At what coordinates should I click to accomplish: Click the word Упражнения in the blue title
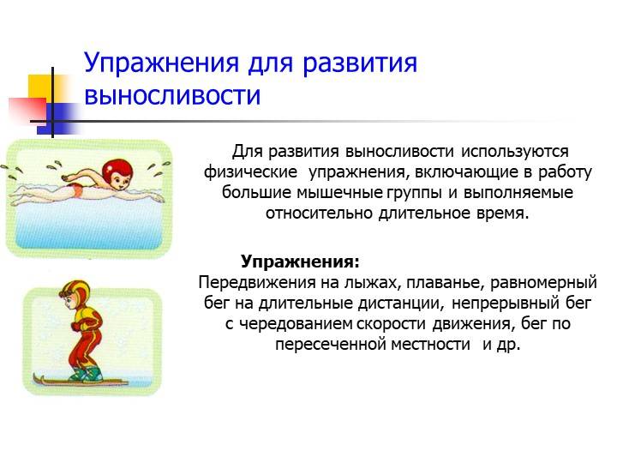(x=162, y=63)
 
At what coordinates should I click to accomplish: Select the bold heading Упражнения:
(x=300, y=262)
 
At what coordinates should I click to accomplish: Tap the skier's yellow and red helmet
(x=75, y=292)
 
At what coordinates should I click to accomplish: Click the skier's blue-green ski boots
(x=87, y=375)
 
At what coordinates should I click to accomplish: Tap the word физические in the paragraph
(x=250, y=172)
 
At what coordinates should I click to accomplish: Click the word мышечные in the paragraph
(x=339, y=193)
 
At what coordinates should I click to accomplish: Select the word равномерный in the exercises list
(x=543, y=283)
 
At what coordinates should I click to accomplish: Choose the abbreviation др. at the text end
(x=507, y=345)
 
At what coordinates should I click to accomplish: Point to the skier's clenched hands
(x=76, y=326)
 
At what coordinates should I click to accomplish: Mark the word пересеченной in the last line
(x=330, y=345)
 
